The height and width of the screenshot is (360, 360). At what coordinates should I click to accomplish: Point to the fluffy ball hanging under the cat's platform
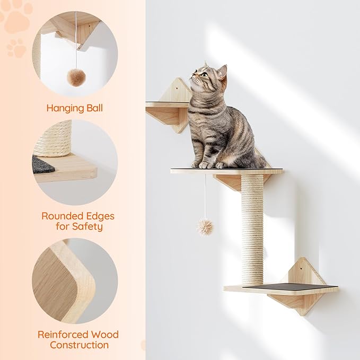point(205,227)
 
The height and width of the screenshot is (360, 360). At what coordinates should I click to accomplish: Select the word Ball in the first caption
point(94,108)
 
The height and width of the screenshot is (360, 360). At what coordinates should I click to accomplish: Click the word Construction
point(79,345)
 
